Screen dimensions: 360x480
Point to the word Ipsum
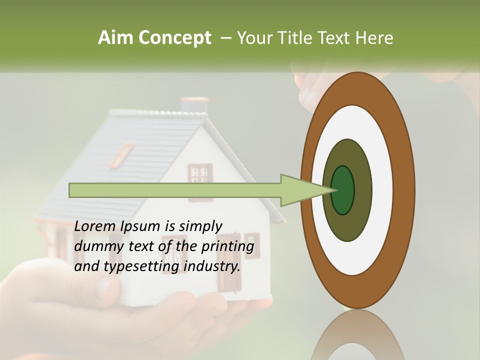141,227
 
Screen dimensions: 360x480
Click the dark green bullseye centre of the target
342,190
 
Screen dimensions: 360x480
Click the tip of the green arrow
334,190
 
